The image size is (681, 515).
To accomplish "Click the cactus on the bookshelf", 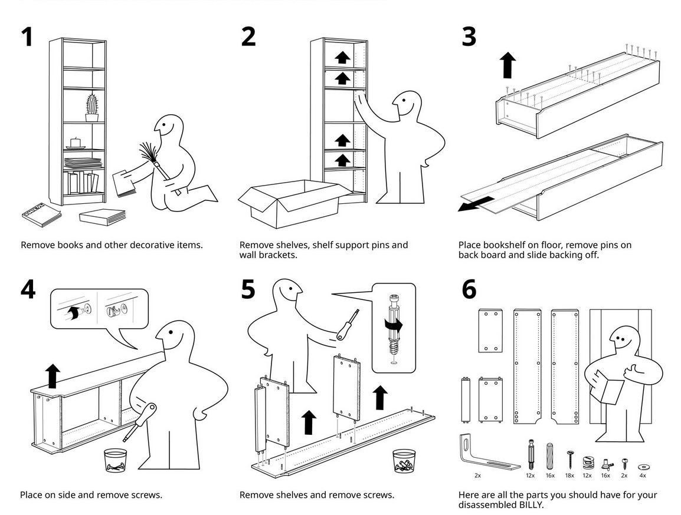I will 91,107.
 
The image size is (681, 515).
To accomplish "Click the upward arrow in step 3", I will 508,64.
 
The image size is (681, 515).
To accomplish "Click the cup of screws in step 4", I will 116,461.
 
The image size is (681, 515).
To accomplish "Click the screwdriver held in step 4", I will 140,421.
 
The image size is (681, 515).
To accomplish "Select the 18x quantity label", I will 569,475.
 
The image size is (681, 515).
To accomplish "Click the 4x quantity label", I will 642,475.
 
